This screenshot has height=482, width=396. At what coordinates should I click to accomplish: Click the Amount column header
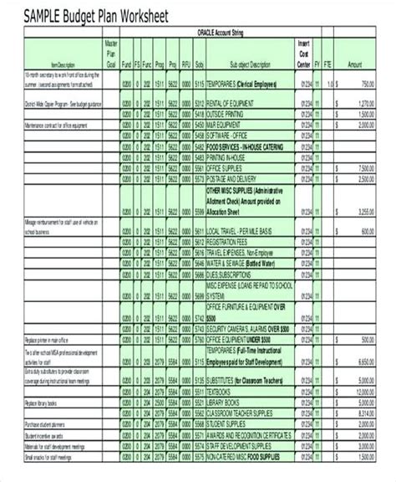(356, 63)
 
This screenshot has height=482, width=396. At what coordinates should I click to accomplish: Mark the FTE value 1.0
(331, 84)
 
